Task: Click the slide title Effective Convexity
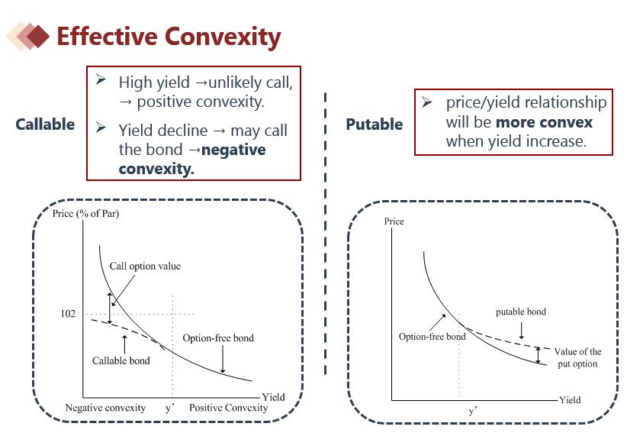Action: tap(169, 36)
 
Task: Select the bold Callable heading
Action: tap(45, 124)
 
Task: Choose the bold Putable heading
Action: tap(374, 124)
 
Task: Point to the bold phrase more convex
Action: tap(544, 122)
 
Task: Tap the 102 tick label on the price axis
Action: tap(68, 314)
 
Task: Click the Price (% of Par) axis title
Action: tap(85, 213)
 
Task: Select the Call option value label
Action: tap(145, 267)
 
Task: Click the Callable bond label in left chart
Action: tap(121, 360)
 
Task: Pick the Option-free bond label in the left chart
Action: tap(218, 338)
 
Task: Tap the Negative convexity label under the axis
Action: tap(105, 408)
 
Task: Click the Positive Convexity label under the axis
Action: tap(228, 408)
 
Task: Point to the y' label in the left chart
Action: tap(171, 408)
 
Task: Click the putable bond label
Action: tap(521, 312)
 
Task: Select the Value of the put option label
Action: tap(577, 357)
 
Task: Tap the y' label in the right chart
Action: tap(474, 411)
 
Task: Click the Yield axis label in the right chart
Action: tap(570, 399)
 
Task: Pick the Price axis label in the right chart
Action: tap(394, 221)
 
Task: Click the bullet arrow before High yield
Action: tap(101, 79)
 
